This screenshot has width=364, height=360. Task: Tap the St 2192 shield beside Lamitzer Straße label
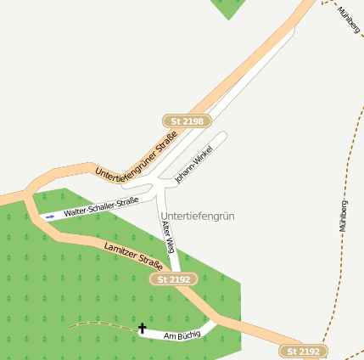174,278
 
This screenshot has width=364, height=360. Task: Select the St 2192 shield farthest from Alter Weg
303,352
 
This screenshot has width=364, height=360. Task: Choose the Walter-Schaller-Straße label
100,207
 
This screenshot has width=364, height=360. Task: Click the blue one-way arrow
50,217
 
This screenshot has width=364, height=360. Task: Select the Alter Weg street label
168,234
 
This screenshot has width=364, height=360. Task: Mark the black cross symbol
142,328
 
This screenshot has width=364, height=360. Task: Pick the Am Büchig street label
182,335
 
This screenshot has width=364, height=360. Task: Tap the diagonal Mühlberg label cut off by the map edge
348,19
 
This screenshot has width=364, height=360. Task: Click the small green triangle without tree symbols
228,8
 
